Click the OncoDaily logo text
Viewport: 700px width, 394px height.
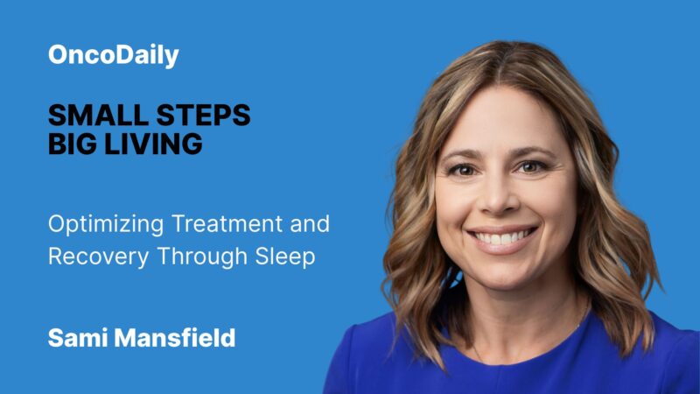tap(113, 56)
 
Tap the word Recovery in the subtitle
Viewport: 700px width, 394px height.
tap(88, 257)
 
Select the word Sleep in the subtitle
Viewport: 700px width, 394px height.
tap(287, 257)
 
